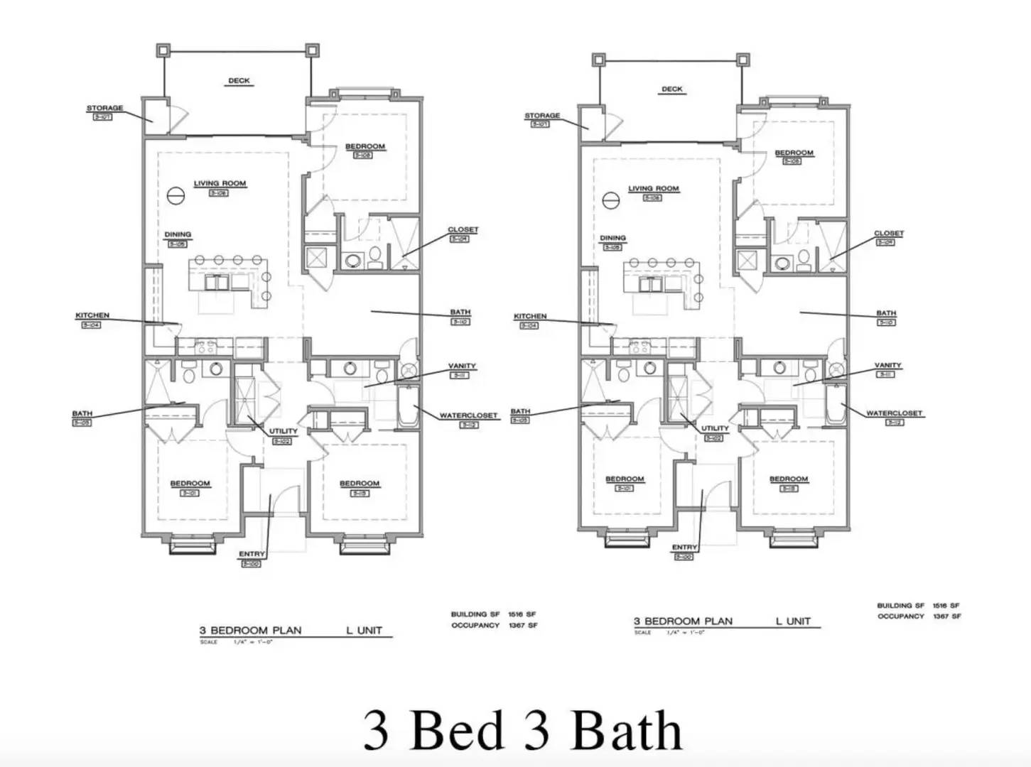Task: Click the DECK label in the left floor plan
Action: (x=239, y=81)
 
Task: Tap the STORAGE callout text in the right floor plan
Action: (x=542, y=116)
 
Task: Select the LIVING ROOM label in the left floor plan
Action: (x=220, y=183)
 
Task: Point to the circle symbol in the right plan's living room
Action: (x=610, y=201)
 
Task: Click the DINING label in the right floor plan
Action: (x=612, y=238)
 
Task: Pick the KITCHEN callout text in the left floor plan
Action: (x=92, y=315)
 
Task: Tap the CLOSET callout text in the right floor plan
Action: (x=888, y=233)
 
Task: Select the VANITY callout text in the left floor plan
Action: (x=462, y=366)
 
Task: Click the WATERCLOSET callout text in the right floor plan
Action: (x=894, y=413)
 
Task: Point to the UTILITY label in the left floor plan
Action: (x=283, y=431)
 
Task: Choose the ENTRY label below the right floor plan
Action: (x=684, y=547)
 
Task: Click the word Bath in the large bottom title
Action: (x=626, y=730)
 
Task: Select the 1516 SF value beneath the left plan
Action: (x=522, y=614)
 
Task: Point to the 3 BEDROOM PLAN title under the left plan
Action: (x=250, y=630)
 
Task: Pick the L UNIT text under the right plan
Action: (x=793, y=621)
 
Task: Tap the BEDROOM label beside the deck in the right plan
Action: (x=794, y=153)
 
